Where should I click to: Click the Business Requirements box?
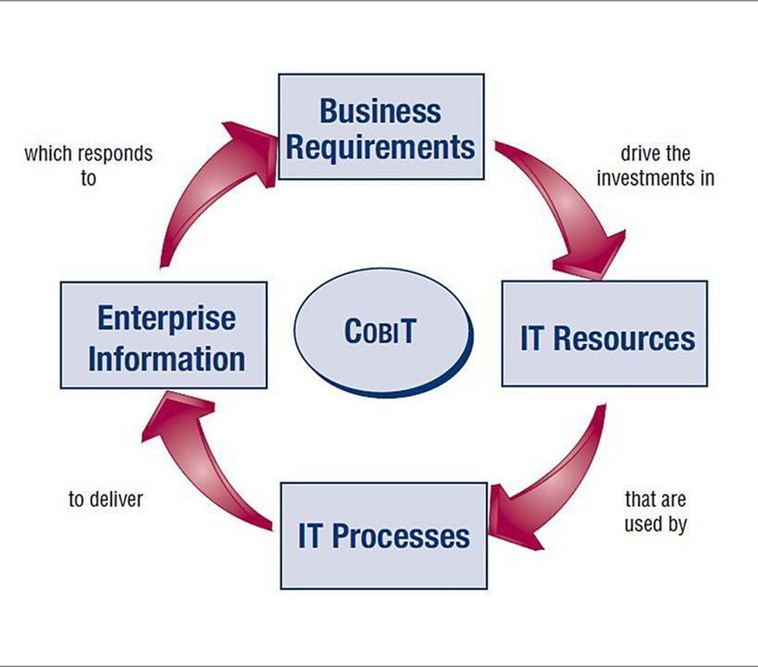(x=381, y=127)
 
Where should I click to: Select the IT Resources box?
(x=605, y=333)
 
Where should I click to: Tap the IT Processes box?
(x=384, y=536)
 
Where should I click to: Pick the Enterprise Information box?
(x=164, y=335)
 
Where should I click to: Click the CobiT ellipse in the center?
(x=383, y=333)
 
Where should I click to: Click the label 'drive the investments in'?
(x=655, y=166)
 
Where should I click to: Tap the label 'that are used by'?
(x=655, y=512)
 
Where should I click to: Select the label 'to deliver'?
(x=106, y=499)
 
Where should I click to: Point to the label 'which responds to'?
(x=89, y=166)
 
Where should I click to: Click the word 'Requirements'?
(x=380, y=148)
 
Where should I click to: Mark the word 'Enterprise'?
(x=167, y=319)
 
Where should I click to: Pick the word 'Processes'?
(x=401, y=536)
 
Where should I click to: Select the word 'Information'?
(x=167, y=359)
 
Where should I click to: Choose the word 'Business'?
(x=380, y=111)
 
